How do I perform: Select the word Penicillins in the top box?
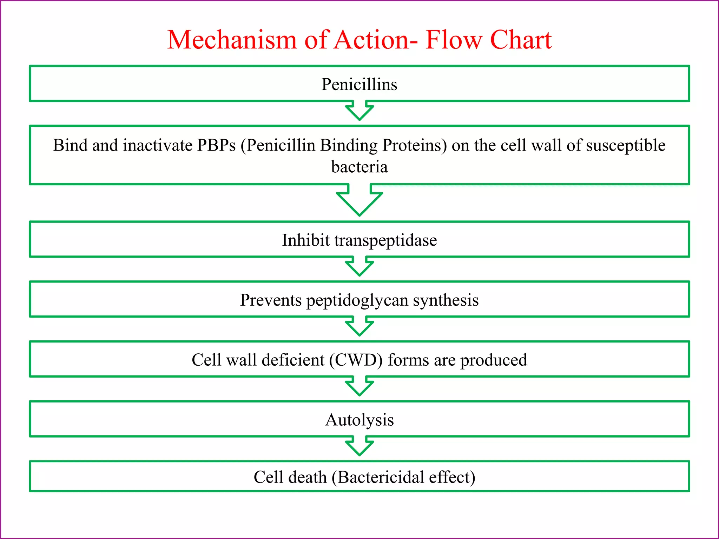359,85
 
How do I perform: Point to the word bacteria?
359,167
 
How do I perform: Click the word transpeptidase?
385,241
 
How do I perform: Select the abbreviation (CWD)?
356,360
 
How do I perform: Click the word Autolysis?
359,420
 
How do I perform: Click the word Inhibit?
306,241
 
